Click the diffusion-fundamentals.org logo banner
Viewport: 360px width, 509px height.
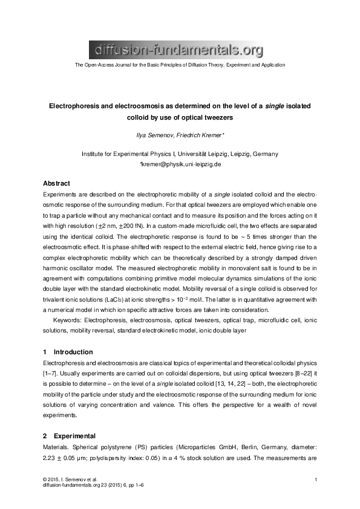click(x=177, y=48)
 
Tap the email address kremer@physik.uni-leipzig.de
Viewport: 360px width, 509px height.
click(x=181, y=164)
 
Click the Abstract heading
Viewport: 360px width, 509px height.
click(x=56, y=183)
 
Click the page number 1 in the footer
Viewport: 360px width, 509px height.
click(x=316, y=479)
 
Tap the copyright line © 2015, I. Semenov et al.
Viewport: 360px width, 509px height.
click(x=70, y=479)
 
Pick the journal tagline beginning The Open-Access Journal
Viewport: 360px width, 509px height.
click(x=179, y=65)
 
